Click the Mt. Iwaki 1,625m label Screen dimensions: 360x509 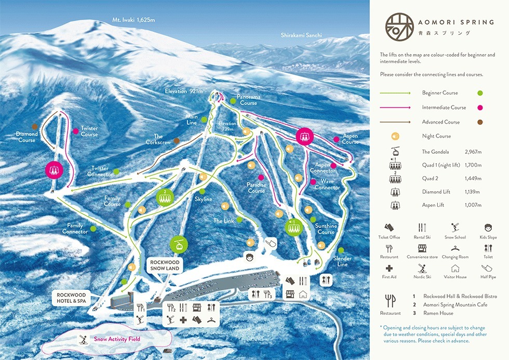[x=134, y=20]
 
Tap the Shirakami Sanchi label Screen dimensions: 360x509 [x=301, y=35]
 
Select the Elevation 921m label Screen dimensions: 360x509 [x=183, y=91]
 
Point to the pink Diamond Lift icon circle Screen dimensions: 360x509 [x=53, y=169]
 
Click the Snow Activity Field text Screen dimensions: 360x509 [x=117, y=339]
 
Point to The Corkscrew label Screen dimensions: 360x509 [x=158, y=140]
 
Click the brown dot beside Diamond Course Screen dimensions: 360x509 [x=34, y=126]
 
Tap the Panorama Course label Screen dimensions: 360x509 [x=248, y=100]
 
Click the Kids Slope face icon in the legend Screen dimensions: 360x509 [x=488, y=228]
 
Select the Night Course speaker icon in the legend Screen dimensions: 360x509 [x=395, y=137]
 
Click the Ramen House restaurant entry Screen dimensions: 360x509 [x=439, y=313]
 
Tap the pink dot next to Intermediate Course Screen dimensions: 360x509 [x=480, y=108]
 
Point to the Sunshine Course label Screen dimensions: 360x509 [x=326, y=229]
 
